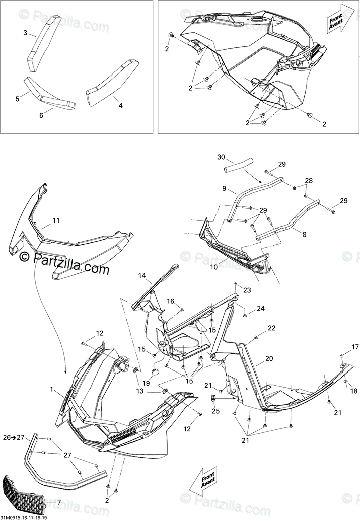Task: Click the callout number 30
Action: pyautogui.click(x=221, y=157)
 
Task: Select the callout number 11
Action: pyautogui.click(x=56, y=220)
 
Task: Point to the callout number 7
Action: pyautogui.click(x=59, y=502)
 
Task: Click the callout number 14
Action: pyautogui.click(x=142, y=276)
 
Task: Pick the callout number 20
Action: pyautogui.click(x=269, y=359)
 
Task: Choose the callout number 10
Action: pyautogui.click(x=214, y=267)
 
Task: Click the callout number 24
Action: pyautogui.click(x=261, y=308)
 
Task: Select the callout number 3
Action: pyautogui.click(x=25, y=33)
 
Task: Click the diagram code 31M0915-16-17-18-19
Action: pyautogui.click(x=24, y=517)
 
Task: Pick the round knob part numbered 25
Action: pyautogui.click(x=213, y=399)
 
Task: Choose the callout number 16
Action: pyautogui.click(x=171, y=301)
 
